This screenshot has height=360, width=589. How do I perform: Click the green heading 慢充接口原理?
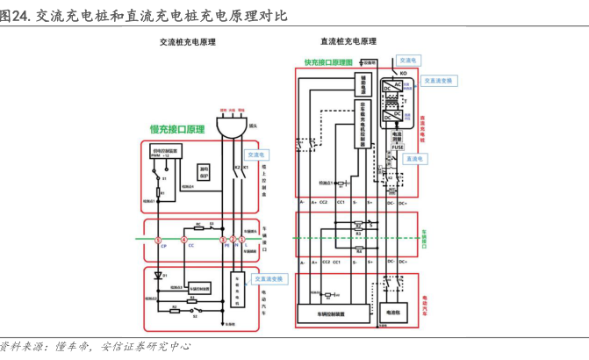coord(176,128)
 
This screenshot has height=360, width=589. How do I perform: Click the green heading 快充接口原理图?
coord(328,63)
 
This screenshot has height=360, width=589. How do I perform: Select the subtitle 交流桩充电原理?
coord(189,41)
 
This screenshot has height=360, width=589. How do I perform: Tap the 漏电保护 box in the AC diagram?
coord(205,172)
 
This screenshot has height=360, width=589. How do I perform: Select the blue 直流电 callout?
coord(413,159)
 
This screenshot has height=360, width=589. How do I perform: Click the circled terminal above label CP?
coord(159,240)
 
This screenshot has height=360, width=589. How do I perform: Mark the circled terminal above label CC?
coord(184,240)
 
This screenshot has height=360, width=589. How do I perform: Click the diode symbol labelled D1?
coord(159,275)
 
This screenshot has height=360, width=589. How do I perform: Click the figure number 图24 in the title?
coord(14,16)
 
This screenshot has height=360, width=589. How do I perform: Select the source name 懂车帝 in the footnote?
coord(76,347)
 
